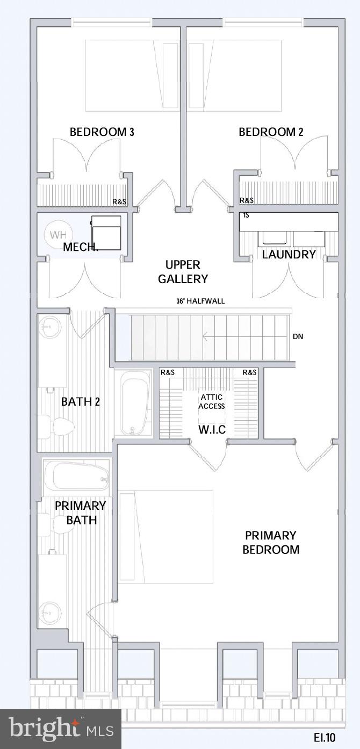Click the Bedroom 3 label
[102, 132]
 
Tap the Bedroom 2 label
[271, 132]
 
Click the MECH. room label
[81, 247]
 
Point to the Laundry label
[289, 255]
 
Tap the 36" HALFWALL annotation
[200, 301]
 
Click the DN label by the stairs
[298, 337]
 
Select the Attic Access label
[211, 401]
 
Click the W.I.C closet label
[211, 430]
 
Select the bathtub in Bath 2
[134, 403]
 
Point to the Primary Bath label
[81, 513]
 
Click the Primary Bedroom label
[271, 542]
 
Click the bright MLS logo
[61, 729]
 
